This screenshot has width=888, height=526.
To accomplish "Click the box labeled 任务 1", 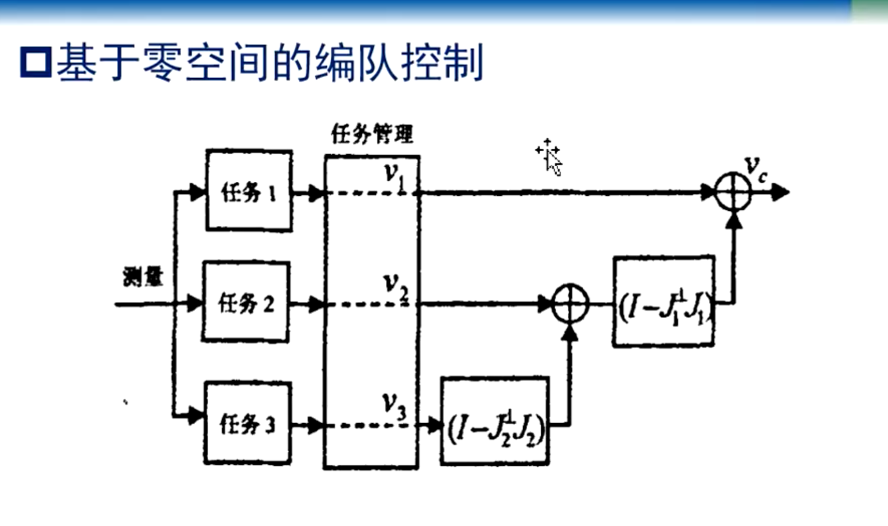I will point(249,190).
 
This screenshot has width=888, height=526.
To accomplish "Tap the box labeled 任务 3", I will point(247,423).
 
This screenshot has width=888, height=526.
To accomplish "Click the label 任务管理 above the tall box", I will point(371,134).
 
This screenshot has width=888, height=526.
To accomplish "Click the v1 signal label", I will point(395,176).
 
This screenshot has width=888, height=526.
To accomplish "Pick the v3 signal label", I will point(395,405).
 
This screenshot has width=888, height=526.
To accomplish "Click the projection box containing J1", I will point(663,301).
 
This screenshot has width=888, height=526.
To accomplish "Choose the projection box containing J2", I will point(496,422).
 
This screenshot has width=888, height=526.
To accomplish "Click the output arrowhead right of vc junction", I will point(781,192).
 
